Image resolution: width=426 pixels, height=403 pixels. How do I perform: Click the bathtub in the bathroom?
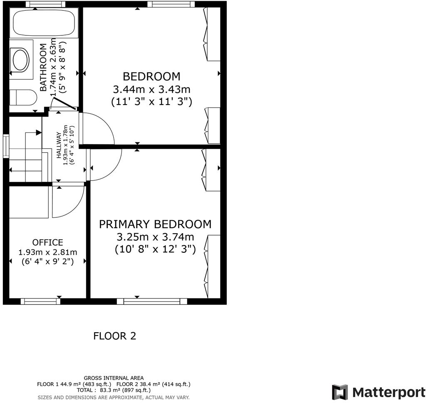click(43, 23)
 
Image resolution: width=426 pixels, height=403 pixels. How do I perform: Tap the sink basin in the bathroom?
click(20, 60)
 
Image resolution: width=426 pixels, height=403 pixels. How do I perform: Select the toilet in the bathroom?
click(22, 97)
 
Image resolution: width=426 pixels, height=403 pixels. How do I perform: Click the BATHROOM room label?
click(43, 67)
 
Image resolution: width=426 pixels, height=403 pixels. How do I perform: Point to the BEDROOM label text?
click(151, 77)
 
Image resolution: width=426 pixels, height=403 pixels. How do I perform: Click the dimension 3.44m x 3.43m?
click(151, 89)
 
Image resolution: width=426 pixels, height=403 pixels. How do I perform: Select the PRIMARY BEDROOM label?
click(155, 224)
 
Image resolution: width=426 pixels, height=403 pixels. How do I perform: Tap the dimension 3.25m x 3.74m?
click(155, 237)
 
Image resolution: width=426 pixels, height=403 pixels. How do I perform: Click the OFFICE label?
click(48, 242)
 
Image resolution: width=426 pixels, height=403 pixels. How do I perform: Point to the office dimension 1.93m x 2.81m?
click(48, 252)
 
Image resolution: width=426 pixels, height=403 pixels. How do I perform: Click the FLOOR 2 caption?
click(114, 336)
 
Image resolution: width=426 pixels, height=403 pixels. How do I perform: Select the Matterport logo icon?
click(339, 392)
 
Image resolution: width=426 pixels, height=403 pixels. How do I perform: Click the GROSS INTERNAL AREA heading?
click(114, 378)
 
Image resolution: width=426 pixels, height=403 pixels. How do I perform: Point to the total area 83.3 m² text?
click(114, 390)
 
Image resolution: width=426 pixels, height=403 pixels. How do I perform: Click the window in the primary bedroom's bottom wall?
click(149, 301)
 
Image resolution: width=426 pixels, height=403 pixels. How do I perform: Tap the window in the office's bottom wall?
click(40, 301)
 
